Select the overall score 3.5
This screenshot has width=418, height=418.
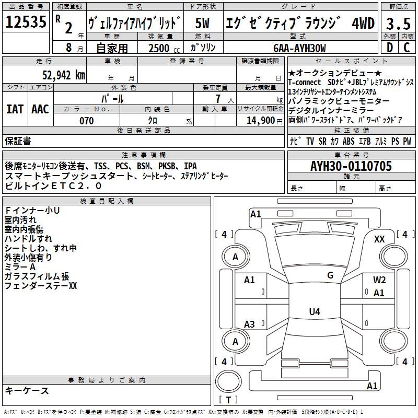pos(398,23)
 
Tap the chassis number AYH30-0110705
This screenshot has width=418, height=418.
pos(351,166)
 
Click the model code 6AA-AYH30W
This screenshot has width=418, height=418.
pos(299,49)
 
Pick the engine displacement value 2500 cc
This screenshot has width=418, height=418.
pos(162,49)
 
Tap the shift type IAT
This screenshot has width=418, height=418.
pos(15,109)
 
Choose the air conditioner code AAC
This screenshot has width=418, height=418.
pos(40,109)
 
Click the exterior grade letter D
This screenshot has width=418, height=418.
pos(389,48)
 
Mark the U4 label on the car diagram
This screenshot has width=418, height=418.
pos(314,312)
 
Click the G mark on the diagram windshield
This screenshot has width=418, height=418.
pos(330,275)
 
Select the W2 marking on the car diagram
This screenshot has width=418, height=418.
pos(379,280)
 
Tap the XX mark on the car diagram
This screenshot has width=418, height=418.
pos(379,239)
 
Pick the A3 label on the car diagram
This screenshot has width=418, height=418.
pos(249,324)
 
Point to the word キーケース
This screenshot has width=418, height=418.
pos(27,390)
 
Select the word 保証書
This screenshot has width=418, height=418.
pos(18,141)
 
